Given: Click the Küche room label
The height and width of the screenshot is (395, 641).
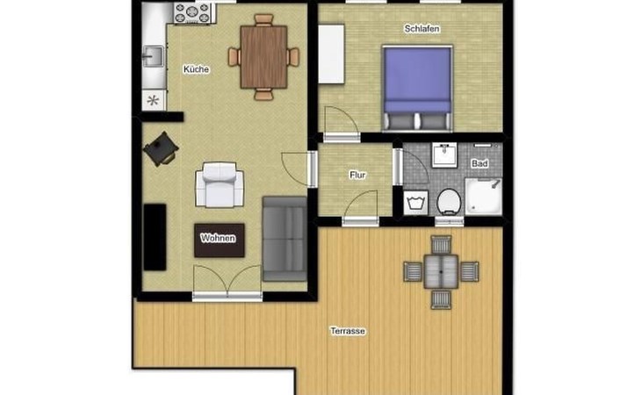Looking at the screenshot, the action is [x=196, y=69].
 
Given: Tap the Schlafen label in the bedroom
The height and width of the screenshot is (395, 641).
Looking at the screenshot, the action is [x=421, y=29].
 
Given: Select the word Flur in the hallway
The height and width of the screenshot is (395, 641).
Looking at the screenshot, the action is [x=357, y=175].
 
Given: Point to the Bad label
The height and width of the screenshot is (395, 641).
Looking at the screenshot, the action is [x=479, y=163].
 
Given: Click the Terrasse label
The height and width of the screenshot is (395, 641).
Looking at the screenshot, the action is [x=348, y=331].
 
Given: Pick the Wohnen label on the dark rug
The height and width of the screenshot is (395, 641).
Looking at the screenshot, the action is [x=218, y=238].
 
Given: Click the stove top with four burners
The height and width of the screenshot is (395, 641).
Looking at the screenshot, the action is [x=192, y=12].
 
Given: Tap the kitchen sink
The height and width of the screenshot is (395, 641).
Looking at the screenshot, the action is [x=153, y=56].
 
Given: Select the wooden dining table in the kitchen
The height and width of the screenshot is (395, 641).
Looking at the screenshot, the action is [x=263, y=57].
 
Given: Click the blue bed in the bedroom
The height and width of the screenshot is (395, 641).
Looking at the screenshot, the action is [x=417, y=89].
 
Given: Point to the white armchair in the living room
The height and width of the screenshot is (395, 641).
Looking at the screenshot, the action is [x=220, y=184].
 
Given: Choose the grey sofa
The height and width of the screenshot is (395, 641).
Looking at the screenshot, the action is [x=284, y=239].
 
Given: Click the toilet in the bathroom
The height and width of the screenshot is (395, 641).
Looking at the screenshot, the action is [x=449, y=202].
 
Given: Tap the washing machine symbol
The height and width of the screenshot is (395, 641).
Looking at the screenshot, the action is [x=415, y=203].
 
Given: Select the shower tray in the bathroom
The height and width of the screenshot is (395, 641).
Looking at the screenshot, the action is [x=484, y=197].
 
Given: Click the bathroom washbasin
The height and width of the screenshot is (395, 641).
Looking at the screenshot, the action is [x=444, y=155].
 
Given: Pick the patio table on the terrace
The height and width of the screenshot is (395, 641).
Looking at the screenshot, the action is [x=441, y=271].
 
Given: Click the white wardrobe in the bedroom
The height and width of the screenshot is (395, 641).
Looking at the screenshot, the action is [x=332, y=54].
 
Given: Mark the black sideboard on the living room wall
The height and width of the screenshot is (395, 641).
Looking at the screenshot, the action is [x=155, y=237].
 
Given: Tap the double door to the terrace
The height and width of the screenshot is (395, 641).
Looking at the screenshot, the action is [x=227, y=284].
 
